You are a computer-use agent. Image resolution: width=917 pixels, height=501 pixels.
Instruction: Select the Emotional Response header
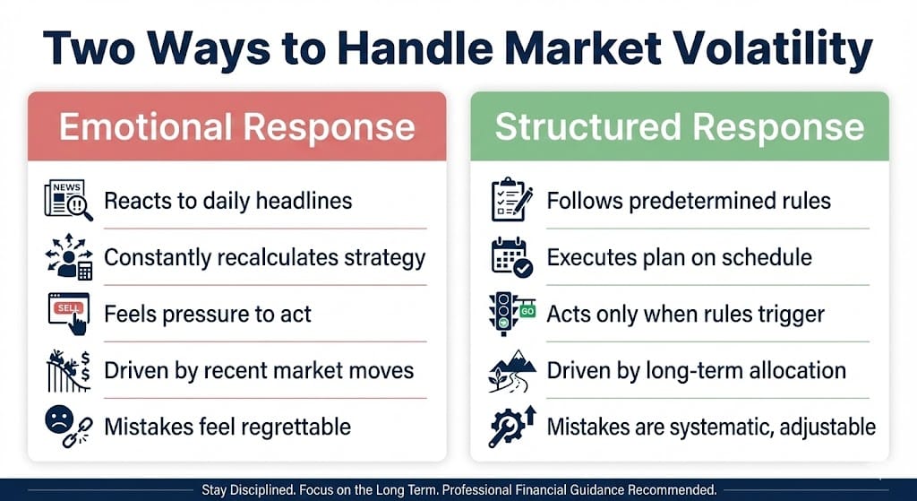236,127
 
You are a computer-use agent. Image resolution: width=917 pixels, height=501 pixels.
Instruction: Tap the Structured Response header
680,127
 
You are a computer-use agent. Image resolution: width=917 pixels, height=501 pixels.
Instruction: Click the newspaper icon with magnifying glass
68,200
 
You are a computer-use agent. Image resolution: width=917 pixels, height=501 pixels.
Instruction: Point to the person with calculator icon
69,257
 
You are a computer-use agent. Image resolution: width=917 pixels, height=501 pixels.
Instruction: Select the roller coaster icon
68,370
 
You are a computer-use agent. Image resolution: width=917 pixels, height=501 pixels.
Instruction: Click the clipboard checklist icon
511,200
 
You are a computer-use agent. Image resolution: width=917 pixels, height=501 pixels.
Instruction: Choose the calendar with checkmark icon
511,257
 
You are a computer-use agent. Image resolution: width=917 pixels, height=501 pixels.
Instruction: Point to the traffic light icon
511,314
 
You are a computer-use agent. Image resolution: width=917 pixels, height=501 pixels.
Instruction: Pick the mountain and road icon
511,370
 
